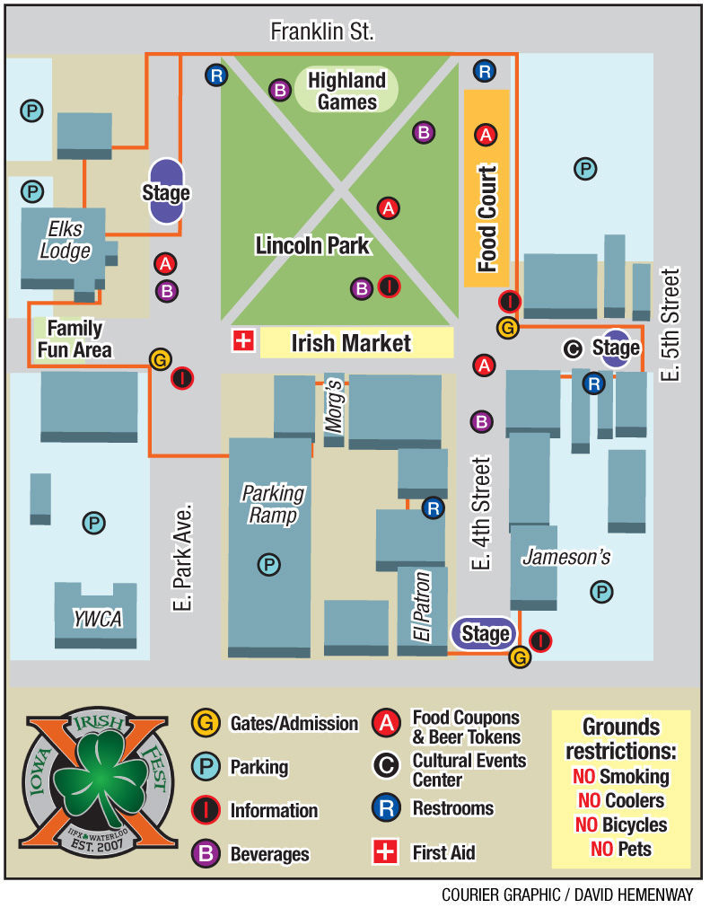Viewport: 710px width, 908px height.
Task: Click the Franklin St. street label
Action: pos(322,32)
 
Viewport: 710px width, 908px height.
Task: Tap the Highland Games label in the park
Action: pos(346,91)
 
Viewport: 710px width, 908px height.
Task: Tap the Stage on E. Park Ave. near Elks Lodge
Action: pos(166,192)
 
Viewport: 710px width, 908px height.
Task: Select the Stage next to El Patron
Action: pos(485,633)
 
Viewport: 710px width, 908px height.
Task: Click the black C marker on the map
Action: pos(571,348)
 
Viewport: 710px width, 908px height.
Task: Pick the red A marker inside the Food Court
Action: pos(486,136)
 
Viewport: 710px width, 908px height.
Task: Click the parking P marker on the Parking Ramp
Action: pos(268,564)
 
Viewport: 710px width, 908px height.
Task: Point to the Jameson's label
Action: pos(566,558)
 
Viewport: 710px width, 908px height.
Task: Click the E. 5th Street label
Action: pos(670,324)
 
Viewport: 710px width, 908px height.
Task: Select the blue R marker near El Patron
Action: pos(433,508)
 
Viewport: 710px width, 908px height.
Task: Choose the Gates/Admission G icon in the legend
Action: pos(206,723)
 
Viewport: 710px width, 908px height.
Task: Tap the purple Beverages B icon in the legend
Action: pos(206,853)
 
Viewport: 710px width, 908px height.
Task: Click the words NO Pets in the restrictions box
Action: pos(621,849)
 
